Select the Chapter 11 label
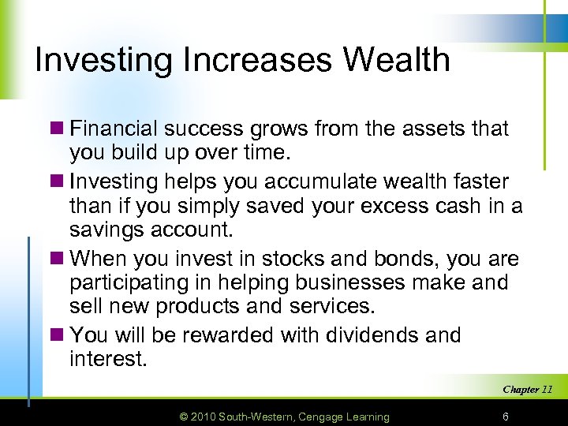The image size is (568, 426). coord(527,389)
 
